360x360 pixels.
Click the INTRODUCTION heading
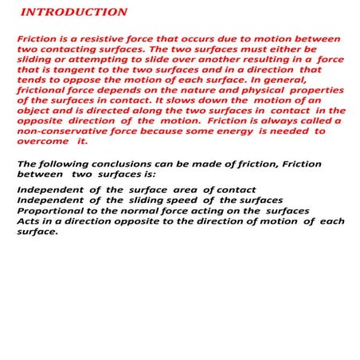(x=73, y=13)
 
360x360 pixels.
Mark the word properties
(x=316, y=90)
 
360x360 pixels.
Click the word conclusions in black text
(x=115, y=164)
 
